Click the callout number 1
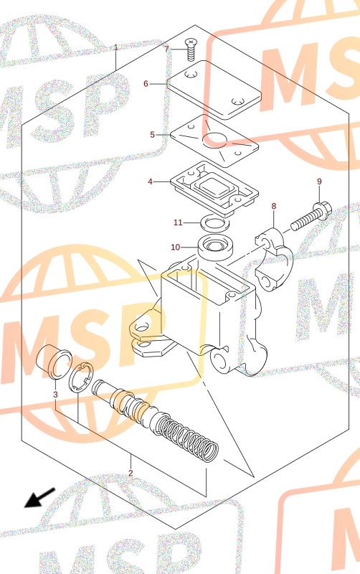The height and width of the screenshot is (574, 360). pyautogui.click(x=116, y=47)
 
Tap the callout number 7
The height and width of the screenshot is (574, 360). pyautogui.click(x=167, y=49)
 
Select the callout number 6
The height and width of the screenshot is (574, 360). pyautogui.click(x=146, y=84)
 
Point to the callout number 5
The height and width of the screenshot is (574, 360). pyautogui.click(x=152, y=135)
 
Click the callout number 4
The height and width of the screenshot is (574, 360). pyautogui.click(x=150, y=182)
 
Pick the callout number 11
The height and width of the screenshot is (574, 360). pyautogui.click(x=178, y=222)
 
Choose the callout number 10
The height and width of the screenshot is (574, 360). pyautogui.click(x=176, y=247)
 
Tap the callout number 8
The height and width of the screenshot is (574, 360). pyautogui.click(x=274, y=206)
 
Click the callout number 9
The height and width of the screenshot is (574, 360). pyautogui.click(x=319, y=182)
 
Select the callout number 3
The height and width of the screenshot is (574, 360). pyautogui.click(x=55, y=394)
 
